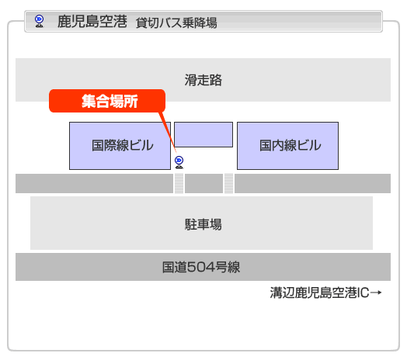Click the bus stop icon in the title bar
[x=39, y=21]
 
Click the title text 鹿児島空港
[x=92, y=21]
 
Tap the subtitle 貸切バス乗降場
[x=176, y=22]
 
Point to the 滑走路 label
[x=203, y=80]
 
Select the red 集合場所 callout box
[x=107, y=101]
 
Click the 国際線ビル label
[x=123, y=145]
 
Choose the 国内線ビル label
[x=290, y=145]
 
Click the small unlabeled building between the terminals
[x=203, y=134]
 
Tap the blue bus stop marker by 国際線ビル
[x=179, y=162]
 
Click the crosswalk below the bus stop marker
[x=179, y=184]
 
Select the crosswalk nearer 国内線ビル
[x=228, y=184]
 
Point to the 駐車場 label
[x=203, y=224]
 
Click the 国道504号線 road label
[x=201, y=267]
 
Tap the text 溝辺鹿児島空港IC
[x=319, y=292]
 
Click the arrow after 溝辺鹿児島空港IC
[x=376, y=292]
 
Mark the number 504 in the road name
[x=201, y=267]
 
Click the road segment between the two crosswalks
[x=203, y=184]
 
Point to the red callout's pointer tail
[x=168, y=132]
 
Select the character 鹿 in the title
[x=64, y=21]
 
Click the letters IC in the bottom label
[x=364, y=292]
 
